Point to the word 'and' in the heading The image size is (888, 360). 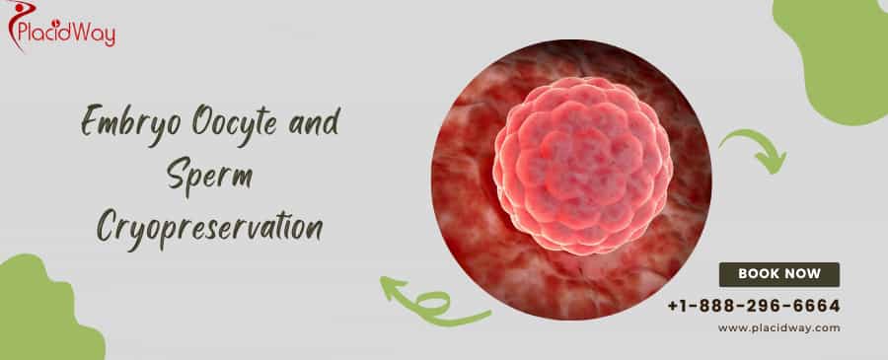(x=314, y=121)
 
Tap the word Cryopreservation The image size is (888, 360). (x=209, y=228)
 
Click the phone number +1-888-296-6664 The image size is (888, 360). (x=754, y=306)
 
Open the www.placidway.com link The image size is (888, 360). (x=779, y=327)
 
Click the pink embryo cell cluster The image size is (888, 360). (x=582, y=166)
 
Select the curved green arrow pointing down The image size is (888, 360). (x=755, y=150)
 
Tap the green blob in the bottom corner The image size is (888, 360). (x=45, y=312)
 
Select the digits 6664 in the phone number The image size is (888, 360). (x=816, y=306)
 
